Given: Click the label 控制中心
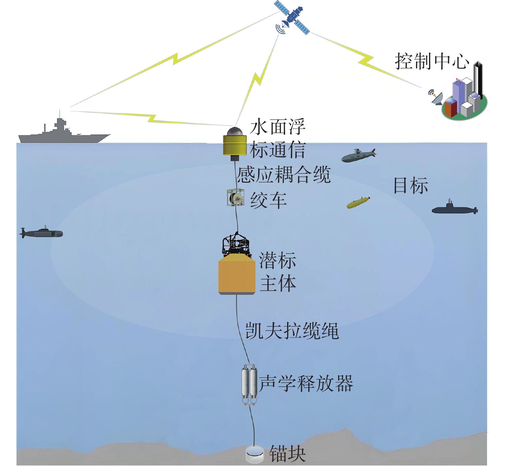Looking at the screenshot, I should click(x=432, y=62).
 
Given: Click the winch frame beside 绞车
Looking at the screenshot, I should click(x=235, y=198).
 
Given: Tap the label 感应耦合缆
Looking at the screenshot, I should click(x=284, y=174).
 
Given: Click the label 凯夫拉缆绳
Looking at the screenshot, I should click(x=292, y=331).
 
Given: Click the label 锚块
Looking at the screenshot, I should click(x=287, y=454).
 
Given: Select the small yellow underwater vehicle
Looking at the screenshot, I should click(x=358, y=203).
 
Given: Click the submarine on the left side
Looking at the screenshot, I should click(x=41, y=233).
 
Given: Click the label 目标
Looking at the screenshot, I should click(x=411, y=186).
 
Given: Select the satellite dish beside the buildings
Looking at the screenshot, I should click(x=436, y=98).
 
